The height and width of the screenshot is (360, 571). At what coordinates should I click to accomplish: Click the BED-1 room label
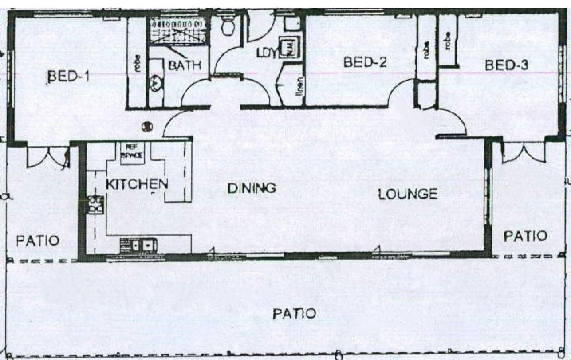tap(68, 76)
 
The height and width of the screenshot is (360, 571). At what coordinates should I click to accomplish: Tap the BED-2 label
tap(364, 63)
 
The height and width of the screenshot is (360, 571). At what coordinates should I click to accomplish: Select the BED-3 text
tap(506, 65)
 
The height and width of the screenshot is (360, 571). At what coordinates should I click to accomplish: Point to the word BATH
tap(184, 65)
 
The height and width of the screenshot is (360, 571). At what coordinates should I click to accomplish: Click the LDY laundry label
tap(266, 53)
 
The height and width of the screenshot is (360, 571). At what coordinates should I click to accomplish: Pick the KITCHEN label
tap(136, 184)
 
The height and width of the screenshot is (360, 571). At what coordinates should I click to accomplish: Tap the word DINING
tap(251, 188)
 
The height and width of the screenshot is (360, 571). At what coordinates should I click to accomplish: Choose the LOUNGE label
tap(408, 194)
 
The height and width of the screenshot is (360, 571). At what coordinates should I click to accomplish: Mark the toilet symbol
tap(228, 26)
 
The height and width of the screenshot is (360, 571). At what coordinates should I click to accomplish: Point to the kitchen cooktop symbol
tap(95, 204)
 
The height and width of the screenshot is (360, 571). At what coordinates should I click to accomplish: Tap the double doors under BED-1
tap(48, 156)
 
